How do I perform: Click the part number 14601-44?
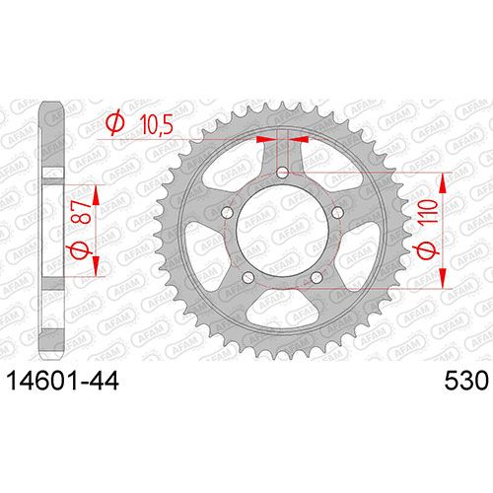pos(63,382)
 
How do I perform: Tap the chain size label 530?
pos(466,382)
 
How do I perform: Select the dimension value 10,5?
pos(157,124)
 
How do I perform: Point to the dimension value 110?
pos(429,212)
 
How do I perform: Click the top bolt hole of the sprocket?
pos(282,173)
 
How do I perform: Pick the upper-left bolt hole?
pos(227,213)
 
